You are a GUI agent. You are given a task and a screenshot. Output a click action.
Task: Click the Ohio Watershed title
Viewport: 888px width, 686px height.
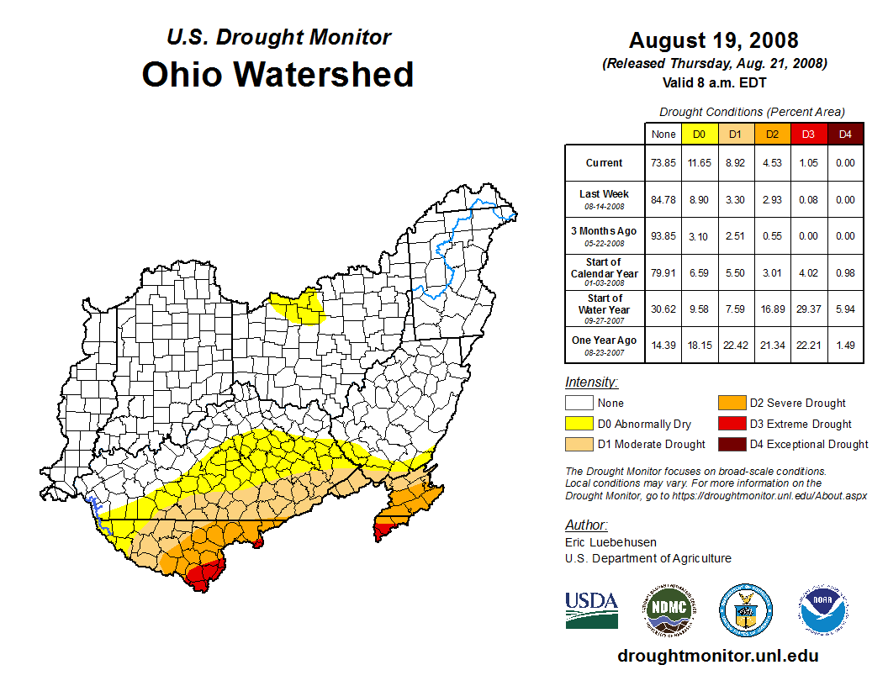click(277, 74)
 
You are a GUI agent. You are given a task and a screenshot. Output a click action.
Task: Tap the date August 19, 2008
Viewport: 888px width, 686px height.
click(714, 40)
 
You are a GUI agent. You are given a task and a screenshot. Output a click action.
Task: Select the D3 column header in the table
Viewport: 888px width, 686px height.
click(807, 134)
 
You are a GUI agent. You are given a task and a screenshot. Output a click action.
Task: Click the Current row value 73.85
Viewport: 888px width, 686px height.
click(663, 163)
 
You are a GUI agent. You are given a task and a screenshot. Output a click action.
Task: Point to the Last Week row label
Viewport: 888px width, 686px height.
click(604, 198)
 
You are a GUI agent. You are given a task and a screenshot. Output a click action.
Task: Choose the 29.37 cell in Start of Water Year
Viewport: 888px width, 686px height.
click(807, 309)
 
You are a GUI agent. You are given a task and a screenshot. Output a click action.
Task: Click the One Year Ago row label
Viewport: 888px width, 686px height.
click(604, 345)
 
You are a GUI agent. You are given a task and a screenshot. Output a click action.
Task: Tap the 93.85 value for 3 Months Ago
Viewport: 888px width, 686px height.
click(663, 236)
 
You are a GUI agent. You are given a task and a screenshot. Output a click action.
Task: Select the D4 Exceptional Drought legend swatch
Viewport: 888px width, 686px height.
click(731, 444)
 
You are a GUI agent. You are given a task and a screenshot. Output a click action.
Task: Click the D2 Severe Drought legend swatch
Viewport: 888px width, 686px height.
click(731, 403)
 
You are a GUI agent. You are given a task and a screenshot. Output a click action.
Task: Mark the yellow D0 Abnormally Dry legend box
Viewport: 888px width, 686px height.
click(579, 424)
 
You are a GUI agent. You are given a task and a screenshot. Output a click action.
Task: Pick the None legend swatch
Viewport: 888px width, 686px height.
click(579, 403)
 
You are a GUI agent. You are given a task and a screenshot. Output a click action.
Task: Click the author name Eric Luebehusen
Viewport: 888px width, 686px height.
click(610, 542)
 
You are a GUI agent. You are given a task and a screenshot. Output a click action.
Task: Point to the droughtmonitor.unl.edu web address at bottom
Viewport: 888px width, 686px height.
click(717, 656)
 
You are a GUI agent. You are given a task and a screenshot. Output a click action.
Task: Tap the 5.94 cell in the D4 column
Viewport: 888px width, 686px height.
click(844, 309)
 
